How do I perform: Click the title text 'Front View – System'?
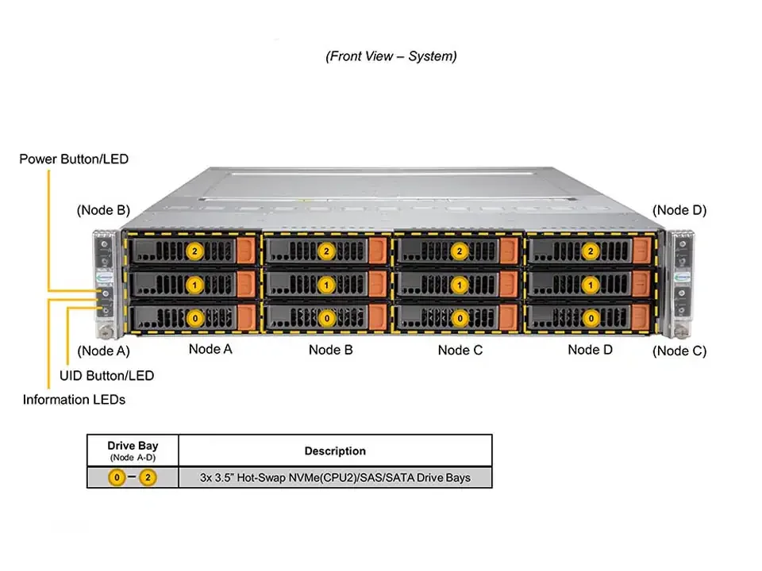click(391, 56)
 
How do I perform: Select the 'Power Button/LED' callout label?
click(74, 159)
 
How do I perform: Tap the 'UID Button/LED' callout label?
click(107, 375)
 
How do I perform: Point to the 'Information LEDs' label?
click(74, 400)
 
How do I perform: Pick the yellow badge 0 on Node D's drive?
click(590, 317)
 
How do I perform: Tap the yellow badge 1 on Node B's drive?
click(325, 284)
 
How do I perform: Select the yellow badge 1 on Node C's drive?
click(458, 284)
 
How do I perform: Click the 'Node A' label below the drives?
click(210, 350)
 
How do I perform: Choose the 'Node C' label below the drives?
click(460, 350)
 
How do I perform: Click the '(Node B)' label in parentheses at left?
click(103, 210)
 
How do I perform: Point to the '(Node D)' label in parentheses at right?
click(679, 210)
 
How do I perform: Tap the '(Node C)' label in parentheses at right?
click(679, 351)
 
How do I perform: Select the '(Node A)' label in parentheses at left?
click(103, 351)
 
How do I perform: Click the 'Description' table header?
click(335, 450)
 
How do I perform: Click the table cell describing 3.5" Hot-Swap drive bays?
click(335, 477)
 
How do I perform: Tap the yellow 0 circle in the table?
click(117, 478)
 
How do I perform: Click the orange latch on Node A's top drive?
click(247, 251)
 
